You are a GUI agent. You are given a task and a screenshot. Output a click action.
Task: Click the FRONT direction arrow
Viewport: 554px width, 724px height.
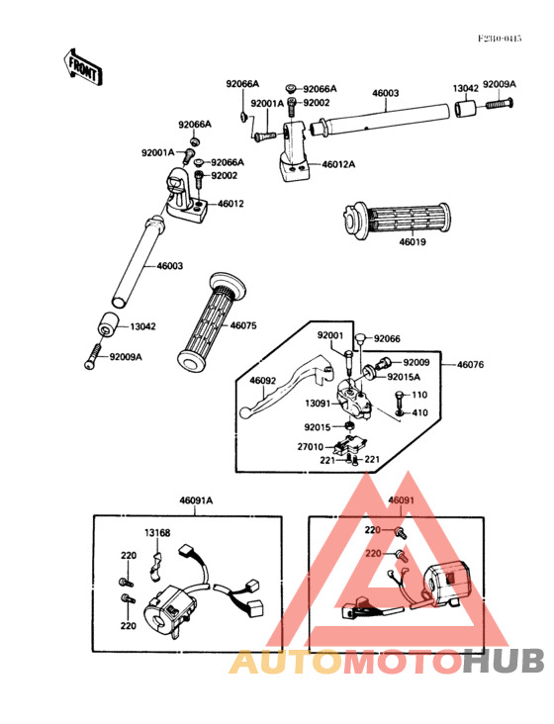pyautogui.click(x=83, y=67)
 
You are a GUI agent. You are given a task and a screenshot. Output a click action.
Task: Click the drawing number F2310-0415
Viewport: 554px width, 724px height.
pyautogui.click(x=500, y=39)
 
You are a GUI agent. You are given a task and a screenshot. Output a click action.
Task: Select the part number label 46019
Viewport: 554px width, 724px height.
pyautogui.click(x=413, y=242)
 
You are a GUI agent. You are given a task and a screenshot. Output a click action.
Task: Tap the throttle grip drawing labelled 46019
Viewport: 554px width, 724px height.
pyautogui.click(x=397, y=221)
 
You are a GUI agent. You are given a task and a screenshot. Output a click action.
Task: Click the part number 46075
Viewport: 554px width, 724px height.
pyautogui.click(x=243, y=325)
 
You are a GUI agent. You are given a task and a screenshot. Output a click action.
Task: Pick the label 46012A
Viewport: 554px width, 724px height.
pyautogui.click(x=338, y=164)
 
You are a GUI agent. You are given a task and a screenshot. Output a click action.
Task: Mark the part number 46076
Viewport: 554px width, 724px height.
pyautogui.click(x=471, y=365)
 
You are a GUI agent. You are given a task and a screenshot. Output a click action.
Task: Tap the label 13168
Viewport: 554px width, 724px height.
pyautogui.click(x=157, y=533)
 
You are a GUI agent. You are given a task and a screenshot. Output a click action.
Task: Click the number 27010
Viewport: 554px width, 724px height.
pyautogui.click(x=311, y=447)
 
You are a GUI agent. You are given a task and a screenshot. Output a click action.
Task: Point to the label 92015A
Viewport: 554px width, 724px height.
pyautogui.click(x=404, y=377)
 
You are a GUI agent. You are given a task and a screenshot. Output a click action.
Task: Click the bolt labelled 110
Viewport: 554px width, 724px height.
pyautogui.click(x=400, y=397)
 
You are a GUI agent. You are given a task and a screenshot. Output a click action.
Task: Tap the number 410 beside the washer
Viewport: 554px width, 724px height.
pyautogui.click(x=419, y=412)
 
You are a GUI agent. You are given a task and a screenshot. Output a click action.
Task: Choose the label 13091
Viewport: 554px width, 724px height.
pyautogui.click(x=318, y=404)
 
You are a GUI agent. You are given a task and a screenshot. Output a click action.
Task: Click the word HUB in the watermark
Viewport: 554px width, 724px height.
pyautogui.click(x=504, y=660)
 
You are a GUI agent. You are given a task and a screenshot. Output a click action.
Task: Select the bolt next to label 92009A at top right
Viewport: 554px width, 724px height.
pyautogui.click(x=500, y=104)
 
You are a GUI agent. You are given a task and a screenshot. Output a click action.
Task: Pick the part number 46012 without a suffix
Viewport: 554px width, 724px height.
pyautogui.click(x=231, y=204)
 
